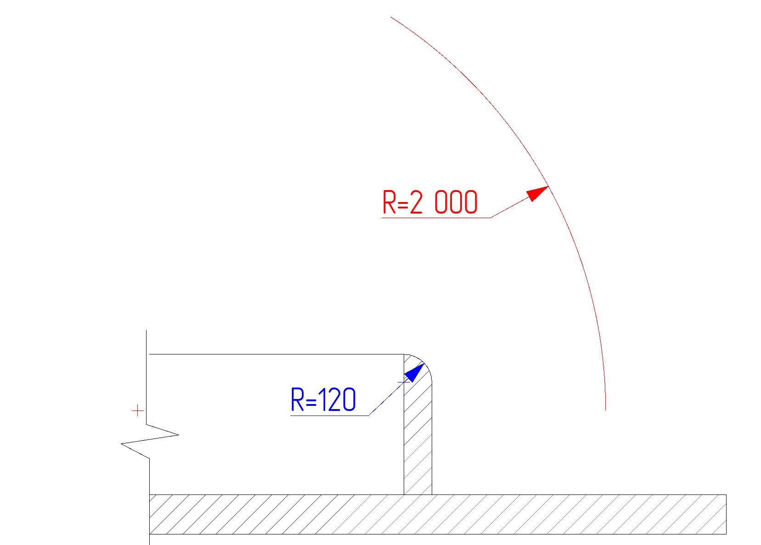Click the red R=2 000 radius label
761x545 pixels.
pos(430,202)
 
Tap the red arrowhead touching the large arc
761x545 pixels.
pos(536,193)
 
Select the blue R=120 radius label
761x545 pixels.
pos(323,399)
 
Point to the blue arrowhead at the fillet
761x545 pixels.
pos(415,372)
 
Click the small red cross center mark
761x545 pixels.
pos(138,411)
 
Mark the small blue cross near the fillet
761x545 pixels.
pos(404,382)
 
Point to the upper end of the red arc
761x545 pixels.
pos(391,17)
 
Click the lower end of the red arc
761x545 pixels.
pos(605,409)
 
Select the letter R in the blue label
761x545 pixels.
pos(297,399)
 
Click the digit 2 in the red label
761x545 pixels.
pos(416,202)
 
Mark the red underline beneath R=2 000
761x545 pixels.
pos(436,217)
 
